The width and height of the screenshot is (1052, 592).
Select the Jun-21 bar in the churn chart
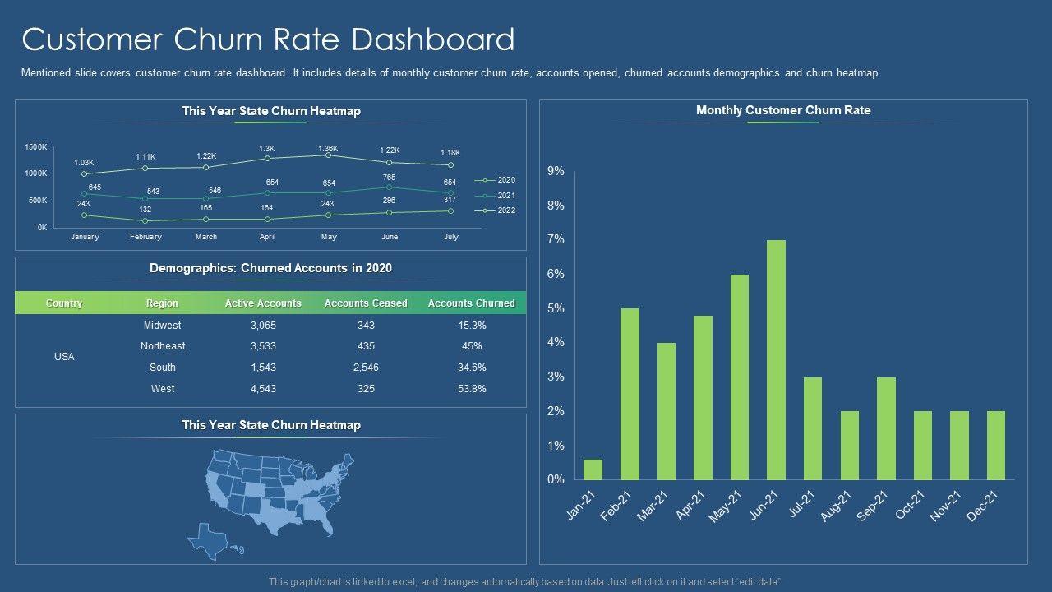tap(776, 359)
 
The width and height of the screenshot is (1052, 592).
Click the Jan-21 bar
tap(593, 469)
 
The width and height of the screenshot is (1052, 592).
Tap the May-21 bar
tap(740, 377)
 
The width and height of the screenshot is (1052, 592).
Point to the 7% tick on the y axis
tap(556, 239)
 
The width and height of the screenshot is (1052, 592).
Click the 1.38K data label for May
tap(328, 148)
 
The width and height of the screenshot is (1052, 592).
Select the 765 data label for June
tap(389, 178)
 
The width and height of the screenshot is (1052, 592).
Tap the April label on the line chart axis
tap(267, 237)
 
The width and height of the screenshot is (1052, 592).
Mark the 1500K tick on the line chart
tap(36, 147)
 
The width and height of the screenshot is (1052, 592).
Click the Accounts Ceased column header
tap(366, 303)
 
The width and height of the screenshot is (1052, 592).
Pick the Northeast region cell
tap(163, 346)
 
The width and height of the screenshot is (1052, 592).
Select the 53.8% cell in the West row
tap(472, 389)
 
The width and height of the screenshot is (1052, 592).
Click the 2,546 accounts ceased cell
tap(366, 368)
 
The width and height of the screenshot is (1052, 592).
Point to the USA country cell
tap(64, 357)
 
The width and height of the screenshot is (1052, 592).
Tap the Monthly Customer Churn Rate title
tap(783, 110)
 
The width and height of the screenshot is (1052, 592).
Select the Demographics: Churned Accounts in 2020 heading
tap(270, 268)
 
